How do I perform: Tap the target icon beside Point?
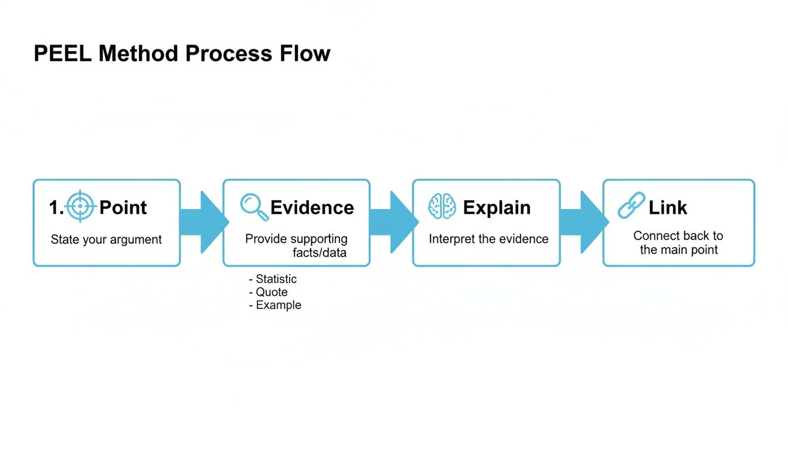(80, 207)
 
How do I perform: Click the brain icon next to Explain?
(441, 207)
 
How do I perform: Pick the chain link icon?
(631, 206)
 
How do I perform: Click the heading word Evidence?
(312, 207)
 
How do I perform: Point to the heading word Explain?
(497, 207)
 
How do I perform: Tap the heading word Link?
(668, 207)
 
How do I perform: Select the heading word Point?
(123, 207)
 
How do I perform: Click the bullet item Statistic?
(276, 279)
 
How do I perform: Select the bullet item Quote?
(271, 292)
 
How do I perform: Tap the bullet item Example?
(278, 305)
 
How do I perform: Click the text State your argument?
(106, 240)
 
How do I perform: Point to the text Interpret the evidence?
(488, 239)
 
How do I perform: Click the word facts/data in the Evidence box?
(320, 253)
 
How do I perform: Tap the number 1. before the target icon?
(56, 207)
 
